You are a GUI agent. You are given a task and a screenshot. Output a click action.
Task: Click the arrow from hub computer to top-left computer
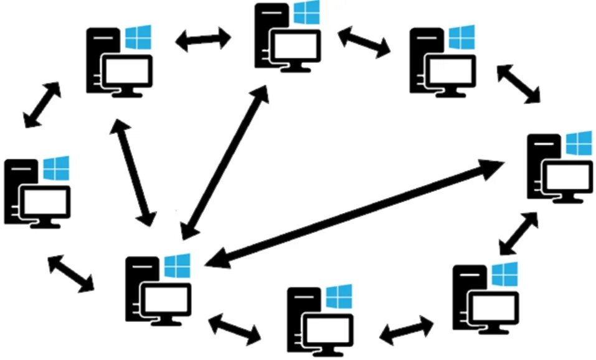coord(133,173)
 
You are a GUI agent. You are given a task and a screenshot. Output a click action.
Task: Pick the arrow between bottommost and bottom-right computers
coord(407,330)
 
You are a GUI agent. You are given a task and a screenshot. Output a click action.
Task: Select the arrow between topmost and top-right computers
coord(364,42)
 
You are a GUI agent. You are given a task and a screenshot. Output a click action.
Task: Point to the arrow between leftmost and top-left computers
coord(43,105)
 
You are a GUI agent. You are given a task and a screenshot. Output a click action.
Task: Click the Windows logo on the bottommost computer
coord(339,297)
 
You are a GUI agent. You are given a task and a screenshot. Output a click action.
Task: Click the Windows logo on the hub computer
coord(177,266)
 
